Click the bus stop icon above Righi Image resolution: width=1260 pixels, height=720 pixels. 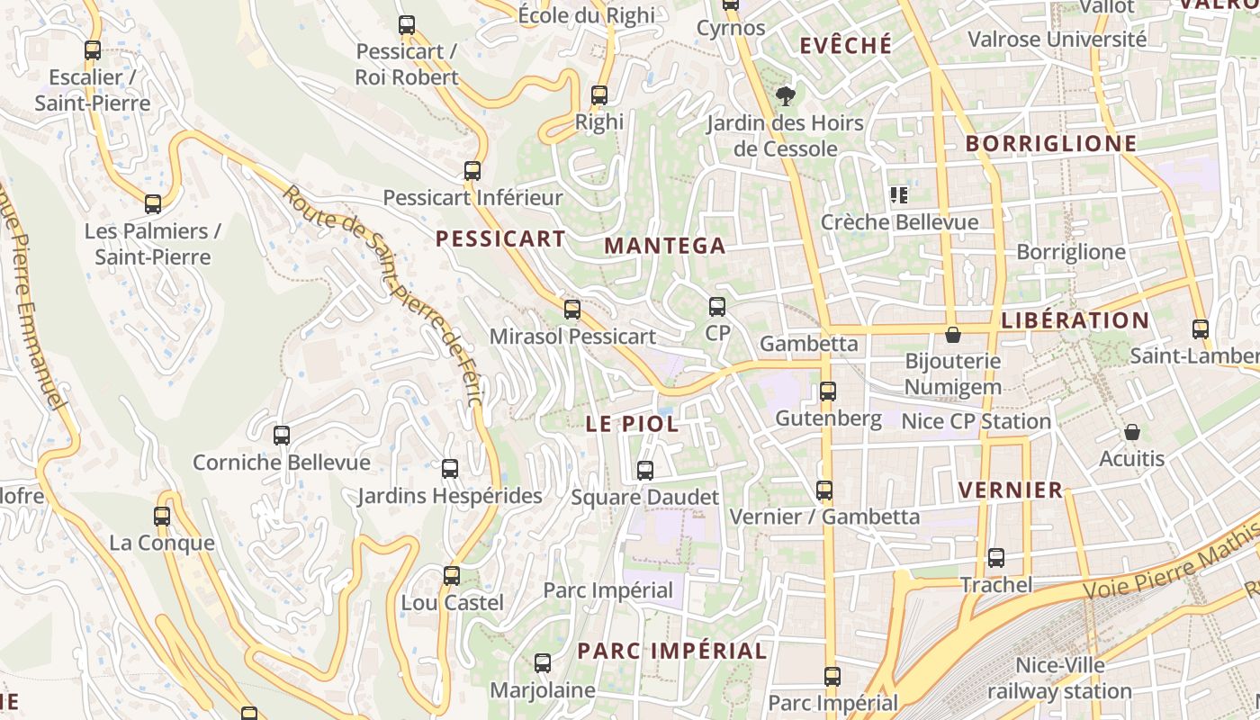[x=599, y=95]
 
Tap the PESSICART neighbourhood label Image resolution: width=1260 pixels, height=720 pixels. [x=500, y=238]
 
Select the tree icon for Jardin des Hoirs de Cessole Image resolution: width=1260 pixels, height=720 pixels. [x=786, y=95]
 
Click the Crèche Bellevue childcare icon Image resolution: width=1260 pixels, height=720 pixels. [x=898, y=195]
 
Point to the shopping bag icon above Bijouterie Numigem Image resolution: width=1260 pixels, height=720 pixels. [x=953, y=336]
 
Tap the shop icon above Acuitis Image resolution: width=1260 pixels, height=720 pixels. [x=1132, y=433]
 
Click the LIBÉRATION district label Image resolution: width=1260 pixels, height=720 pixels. [x=1075, y=320]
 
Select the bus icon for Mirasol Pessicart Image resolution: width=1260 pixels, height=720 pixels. [x=572, y=310]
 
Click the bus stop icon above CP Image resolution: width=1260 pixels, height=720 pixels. [x=717, y=307]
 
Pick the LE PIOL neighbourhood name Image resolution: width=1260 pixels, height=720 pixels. [x=632, y=424]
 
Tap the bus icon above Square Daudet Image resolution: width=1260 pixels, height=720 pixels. [x=645, y=471]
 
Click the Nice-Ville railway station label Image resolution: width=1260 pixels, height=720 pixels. [x=1059, y=679]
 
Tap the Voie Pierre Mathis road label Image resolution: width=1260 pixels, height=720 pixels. [x=1169, y=565]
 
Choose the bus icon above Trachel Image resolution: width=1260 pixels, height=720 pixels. [x=996, y=558]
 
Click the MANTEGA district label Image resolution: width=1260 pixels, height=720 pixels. [x=664, y=246]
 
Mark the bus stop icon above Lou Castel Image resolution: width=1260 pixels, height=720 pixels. [x=452, y=576]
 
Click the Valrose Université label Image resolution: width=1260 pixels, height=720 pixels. [x=1057, y=40]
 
